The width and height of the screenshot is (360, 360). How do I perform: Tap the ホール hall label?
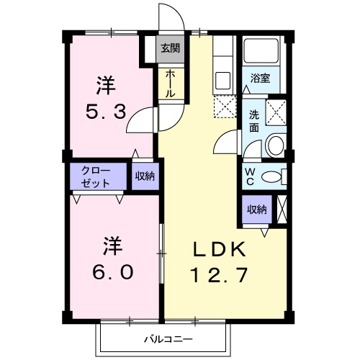170,84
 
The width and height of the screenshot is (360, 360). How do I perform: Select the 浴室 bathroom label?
260,78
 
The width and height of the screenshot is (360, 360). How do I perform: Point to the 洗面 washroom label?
254,121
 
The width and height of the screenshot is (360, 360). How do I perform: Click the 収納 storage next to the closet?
144,176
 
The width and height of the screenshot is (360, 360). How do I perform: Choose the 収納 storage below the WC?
257,210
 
